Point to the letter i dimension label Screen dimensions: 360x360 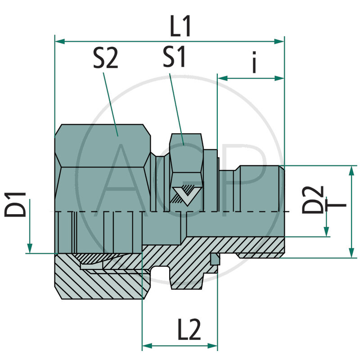[x=254, y=63]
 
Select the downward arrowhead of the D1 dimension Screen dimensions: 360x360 [x=30, y=248]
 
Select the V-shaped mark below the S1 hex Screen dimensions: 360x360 [x=185, y=194]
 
